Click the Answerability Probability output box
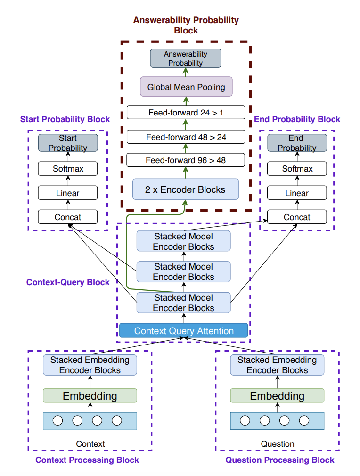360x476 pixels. coord(186,58)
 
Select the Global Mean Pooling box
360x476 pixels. coord(186,87)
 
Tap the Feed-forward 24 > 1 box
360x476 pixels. coord(186,113)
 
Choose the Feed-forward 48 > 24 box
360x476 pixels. coord(186,137)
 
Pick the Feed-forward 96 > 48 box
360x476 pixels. coord(186,160)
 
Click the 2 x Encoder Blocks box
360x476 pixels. coord(186,190)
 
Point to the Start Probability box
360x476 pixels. coord(68,143)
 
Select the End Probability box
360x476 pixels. coord(297,143)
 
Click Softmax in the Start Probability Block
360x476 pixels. coord(68,168)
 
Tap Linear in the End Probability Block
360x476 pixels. coord(297,193)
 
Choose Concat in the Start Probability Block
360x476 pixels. coord(68,217)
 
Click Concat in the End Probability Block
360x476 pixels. coord(297,217)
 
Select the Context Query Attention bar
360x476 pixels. coord(184,331)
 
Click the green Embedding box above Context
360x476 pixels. coord(90,395)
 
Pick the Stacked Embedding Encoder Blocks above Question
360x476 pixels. coord(277,365)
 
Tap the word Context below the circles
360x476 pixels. coord(90,443)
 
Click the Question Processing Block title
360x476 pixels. coord(280,460)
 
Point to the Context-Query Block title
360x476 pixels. coord(68,282)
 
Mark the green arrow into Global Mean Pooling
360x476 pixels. coord(186,101)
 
